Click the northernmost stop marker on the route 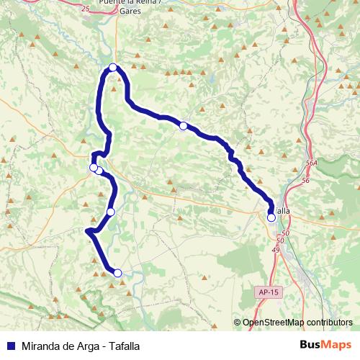click(113, 68)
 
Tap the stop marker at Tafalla click(271, 217)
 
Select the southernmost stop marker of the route click(117, 272)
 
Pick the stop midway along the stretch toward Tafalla click(184, 126)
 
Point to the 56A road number click(311, 163)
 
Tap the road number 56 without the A click(305, 180)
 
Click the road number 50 click(286, 234)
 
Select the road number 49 click(276, 249)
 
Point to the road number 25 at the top click(86, 9)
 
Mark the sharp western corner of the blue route click(87, 231)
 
